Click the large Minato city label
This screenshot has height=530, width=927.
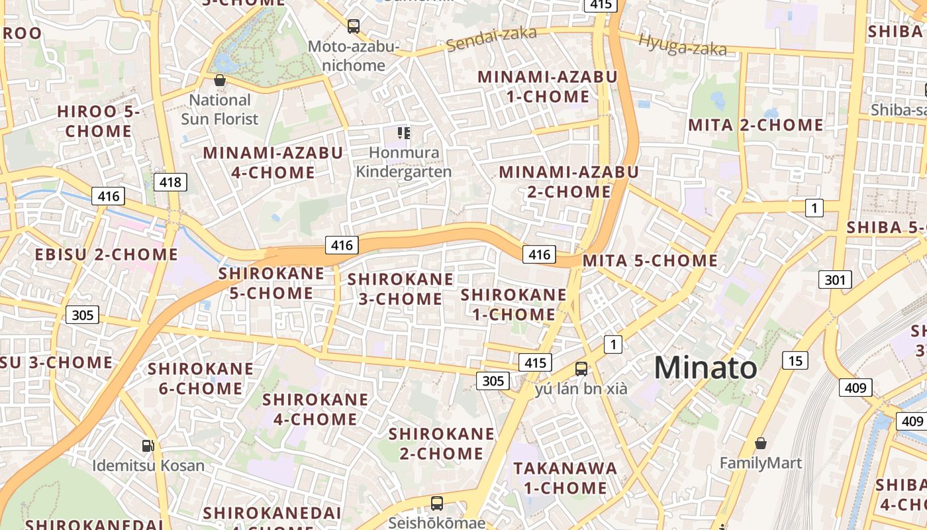pyautogui.click(x=705, y=368)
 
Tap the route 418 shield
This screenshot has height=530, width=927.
pyautogui.click(x=170, y=182)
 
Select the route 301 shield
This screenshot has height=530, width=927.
pyautogui.click(x=835, y=280)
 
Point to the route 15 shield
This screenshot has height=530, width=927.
pyautogui.click(x=795, y=360)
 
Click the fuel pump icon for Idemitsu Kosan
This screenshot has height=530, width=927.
pyautogui.click(x=149, y=446)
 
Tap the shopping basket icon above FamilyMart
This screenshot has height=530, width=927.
pyautogui.click(x=761, y=443)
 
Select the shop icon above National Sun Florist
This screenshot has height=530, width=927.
pyautogui.click(x=219, y=81)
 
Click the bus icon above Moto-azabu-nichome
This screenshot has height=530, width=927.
pyautogui.click(x=354, y=26)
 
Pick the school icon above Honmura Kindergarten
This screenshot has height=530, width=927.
pyautogui.click(x=403, y=133)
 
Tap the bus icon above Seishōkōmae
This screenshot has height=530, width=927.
pyautogui.click(x=437, y=503)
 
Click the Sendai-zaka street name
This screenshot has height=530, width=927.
pyautogui.click(x=491, y=40)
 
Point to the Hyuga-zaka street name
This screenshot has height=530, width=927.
pyautogui.click(x=682, y=44)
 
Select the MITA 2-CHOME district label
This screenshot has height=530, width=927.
pyautogui.click(x=756, y=125)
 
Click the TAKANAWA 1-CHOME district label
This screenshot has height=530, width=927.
pyautogui.click(x=565, y=478)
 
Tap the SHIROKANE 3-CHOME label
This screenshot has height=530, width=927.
pyautogui.click(x=400, y=289)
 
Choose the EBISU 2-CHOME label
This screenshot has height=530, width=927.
pyautogui.click(x=107, y=254)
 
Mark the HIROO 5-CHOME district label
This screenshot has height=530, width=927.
pyautogui.click(x=99, y=121)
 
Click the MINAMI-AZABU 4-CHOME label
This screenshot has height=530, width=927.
pyautogui.click(x=273, y=162)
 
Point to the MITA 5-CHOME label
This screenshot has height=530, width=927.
pyautogui.click(x=650, y=261)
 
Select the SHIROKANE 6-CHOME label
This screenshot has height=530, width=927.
pyautogui.click(x=200, y=378)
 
